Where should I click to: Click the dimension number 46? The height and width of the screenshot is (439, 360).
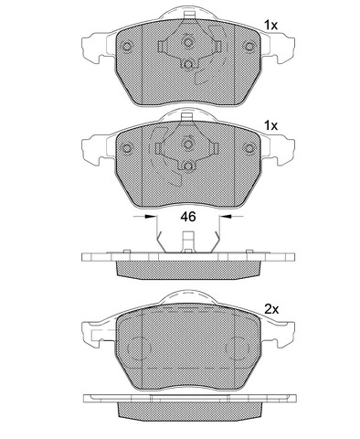pyautogui.click(x=188, y=217)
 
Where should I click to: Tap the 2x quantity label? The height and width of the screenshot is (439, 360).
pyautogui.click(x=271, y=310)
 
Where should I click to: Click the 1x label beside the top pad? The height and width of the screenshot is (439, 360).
pyautogui.click(x=270, y=25)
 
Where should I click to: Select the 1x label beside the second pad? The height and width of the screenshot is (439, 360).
pyautogui.click(x=270, y=125)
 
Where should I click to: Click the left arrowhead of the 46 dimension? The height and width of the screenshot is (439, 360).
pyautogui.click(x=150, y=216)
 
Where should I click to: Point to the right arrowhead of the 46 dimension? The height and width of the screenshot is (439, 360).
pyautogui.click(x=226, y=216)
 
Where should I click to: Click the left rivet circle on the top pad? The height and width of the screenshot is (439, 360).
pyautogui.click(x=126, y=47)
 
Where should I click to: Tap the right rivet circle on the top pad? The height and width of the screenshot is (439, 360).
pyautogui.click(x=249, y=47)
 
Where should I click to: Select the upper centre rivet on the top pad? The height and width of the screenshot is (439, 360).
pyautogui.click(x=188, y=42)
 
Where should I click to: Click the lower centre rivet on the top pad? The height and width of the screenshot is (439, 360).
pyautogui.click(x=188, y=65)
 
